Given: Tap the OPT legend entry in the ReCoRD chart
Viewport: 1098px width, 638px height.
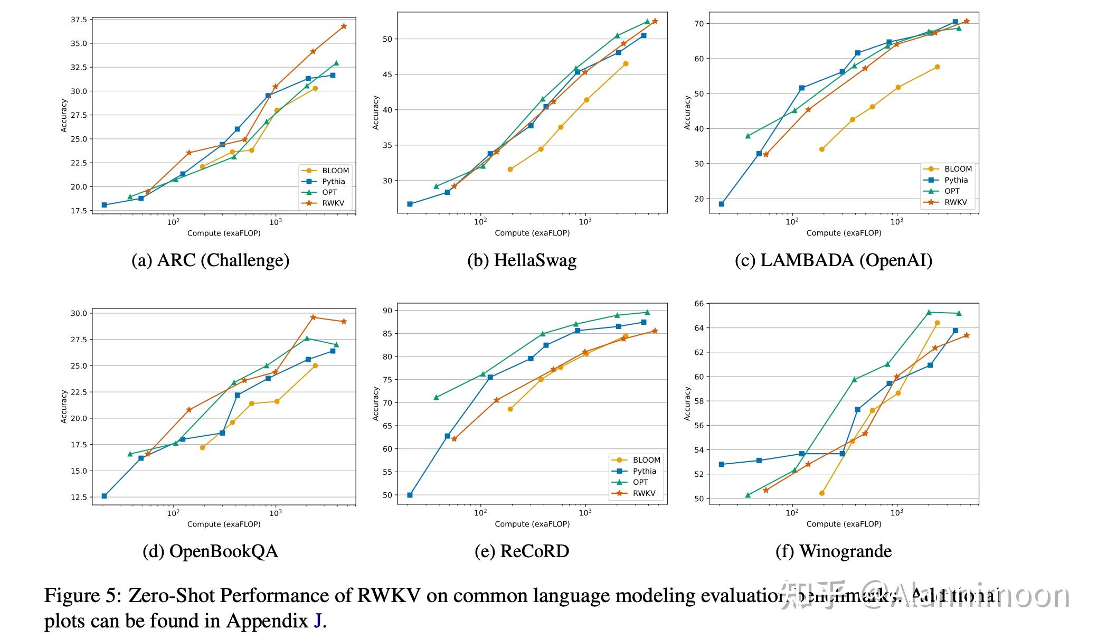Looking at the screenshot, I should pos(640,482).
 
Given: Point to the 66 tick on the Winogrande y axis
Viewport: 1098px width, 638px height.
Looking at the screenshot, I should pos(699,304).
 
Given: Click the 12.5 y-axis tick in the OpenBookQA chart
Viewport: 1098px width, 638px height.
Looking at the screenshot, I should pos(78,498).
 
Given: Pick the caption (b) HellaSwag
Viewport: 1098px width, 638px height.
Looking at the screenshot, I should pos(522,260).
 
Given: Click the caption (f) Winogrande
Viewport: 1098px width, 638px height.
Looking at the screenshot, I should pos(834,551).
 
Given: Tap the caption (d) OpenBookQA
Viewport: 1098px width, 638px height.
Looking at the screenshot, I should pos(210,551).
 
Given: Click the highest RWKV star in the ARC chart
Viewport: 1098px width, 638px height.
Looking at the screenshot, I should pos(344,26).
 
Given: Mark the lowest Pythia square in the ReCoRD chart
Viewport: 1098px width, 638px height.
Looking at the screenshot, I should pos(410,495).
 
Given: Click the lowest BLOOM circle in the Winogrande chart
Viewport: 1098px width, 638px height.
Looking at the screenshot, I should pos(822,493).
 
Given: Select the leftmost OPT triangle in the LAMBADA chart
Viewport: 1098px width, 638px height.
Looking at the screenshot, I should pos(747,136).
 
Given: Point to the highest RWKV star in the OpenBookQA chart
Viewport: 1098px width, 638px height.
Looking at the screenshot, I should pos(313,317).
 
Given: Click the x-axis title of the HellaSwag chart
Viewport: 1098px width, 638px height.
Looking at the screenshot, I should pos(532,233).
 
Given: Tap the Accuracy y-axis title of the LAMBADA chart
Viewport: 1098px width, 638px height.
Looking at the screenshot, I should pos(687,112).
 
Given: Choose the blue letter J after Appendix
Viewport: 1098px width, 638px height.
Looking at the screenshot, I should pos(317,621).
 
